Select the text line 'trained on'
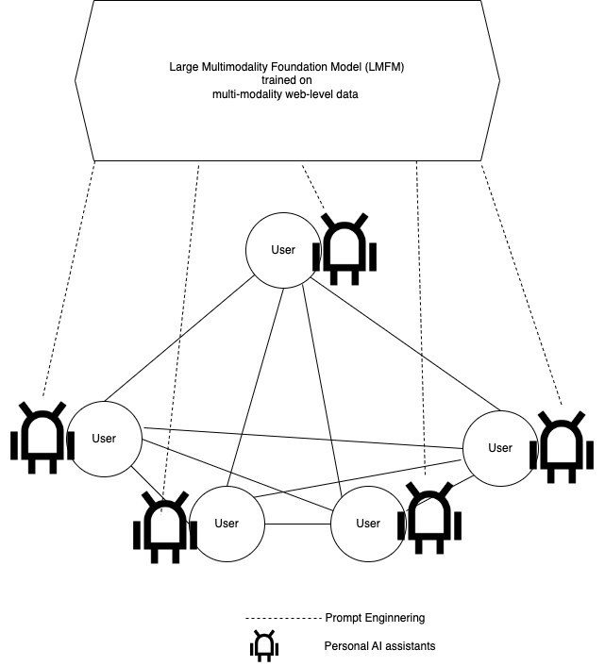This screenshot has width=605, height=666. tap(286, 80)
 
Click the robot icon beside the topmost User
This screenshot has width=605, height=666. tap(345, 249)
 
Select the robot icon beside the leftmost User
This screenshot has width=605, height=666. tap(42, 438)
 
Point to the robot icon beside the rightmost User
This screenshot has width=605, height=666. tap(562, 447)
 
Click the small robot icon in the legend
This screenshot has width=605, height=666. tap(264, 645)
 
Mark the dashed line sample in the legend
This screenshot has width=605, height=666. tap(283, 619)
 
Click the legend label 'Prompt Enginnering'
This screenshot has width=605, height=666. tap(375, 618)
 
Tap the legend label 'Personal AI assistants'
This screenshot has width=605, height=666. tap(379, 646)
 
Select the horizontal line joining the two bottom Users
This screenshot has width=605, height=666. tap(297, 524)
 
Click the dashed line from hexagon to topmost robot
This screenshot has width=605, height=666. tap(313, 188)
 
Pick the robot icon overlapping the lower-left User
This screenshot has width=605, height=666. tap(165, 528)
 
